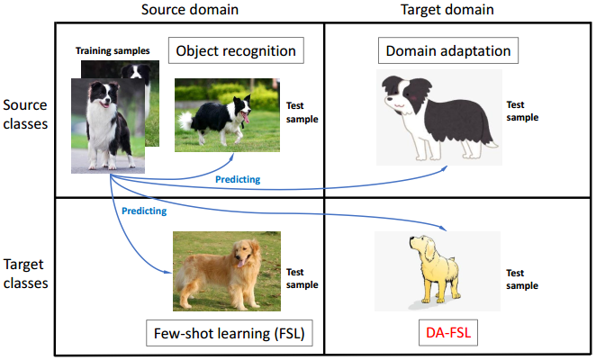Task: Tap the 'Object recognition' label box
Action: click(235, 50)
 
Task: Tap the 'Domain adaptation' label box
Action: click(449, 50)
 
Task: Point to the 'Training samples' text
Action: click(113, 50)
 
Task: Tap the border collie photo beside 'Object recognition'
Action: click(228, 114)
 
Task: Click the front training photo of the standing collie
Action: click(107, 125)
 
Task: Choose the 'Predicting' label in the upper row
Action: click(238, 179)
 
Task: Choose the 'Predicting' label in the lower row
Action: click(145, 211)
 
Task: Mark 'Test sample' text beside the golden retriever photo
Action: click(303, 277)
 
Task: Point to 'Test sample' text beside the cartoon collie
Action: click(522, 111)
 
